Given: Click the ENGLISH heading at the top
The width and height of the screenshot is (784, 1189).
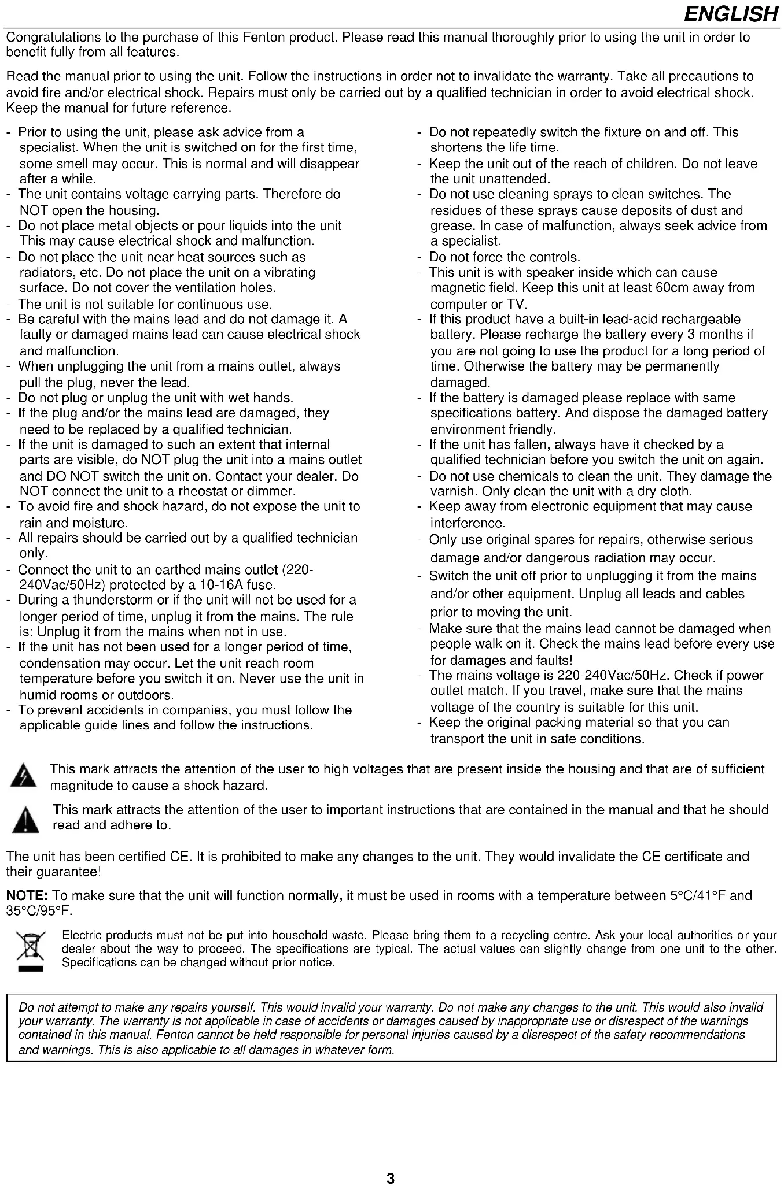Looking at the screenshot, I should point(731,14).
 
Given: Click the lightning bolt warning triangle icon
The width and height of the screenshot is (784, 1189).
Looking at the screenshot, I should point(23,776).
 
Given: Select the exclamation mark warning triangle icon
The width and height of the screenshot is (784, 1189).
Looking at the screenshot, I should point(25,819).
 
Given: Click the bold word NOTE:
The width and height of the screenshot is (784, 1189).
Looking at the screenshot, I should point(27,896).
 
